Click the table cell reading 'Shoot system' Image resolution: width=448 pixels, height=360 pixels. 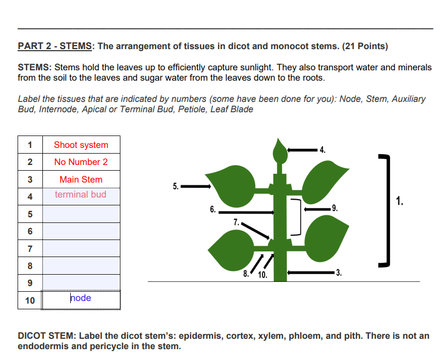[81, 145]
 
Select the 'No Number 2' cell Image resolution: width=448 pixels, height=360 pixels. [81, 162]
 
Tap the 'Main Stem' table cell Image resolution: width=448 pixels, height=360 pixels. [81, 179]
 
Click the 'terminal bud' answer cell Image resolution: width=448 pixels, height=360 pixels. [81, 194]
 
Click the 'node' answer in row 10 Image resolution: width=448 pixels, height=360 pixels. [81, 298]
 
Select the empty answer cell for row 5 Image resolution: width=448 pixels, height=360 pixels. [81, 214]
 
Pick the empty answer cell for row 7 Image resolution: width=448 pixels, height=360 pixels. [81, 248]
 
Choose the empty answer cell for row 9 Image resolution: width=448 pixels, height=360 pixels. [81, 282]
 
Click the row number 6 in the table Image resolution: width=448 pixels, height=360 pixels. [30, 231]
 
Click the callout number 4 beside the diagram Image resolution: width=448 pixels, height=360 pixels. [322, 151]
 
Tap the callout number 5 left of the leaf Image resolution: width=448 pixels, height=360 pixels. [176, 186]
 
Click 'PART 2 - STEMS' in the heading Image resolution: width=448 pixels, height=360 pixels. [55, 46]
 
